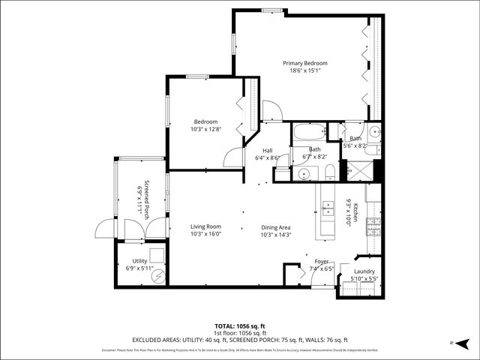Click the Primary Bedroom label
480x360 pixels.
304,63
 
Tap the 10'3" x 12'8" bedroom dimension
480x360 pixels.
205,130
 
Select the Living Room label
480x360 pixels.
205,226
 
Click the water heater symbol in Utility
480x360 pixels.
158,275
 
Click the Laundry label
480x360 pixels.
364,271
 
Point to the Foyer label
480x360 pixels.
322,262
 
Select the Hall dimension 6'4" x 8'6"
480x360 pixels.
267,158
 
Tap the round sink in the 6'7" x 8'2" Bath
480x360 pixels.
304,173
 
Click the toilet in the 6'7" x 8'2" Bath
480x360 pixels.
329,173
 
